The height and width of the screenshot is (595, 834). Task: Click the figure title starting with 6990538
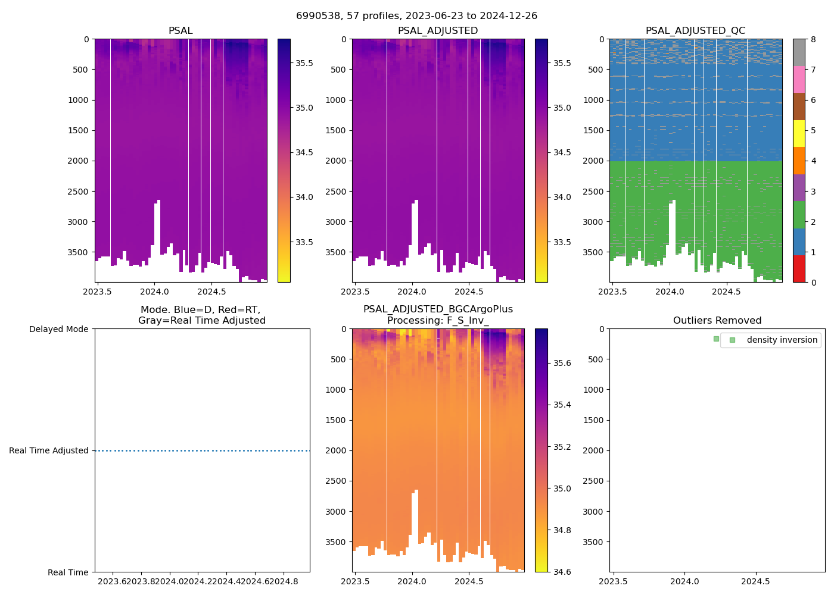[x=416, y=16]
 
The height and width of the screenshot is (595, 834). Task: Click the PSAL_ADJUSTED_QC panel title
[x=695, y=31]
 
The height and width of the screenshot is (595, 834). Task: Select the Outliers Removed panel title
[x=717, y=321]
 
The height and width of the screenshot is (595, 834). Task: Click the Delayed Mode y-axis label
[x=58, y=329]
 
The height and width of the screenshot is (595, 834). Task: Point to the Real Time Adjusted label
[x=49, y=450]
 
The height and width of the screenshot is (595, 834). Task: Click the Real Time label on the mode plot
[x=68, y=572]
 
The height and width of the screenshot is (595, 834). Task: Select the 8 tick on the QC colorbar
[x=813, y=39]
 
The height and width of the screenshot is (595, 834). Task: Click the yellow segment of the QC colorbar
[x=799, y=133]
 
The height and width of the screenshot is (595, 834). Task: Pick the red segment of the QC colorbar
[x=799, y=269]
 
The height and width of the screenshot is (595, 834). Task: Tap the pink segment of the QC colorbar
[x=799, y=79]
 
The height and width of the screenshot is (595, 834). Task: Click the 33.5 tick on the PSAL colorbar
[x=304, y=242]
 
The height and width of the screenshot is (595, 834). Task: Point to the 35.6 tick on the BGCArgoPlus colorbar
[x=562, y=363]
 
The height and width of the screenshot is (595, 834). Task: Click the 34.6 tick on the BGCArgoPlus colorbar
[x=562, y=572]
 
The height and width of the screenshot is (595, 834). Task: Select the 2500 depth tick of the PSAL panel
[x=78, y=192]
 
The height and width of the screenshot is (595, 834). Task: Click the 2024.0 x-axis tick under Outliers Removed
[x=684, y=581]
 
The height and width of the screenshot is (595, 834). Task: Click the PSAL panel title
[x=181, y=31]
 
